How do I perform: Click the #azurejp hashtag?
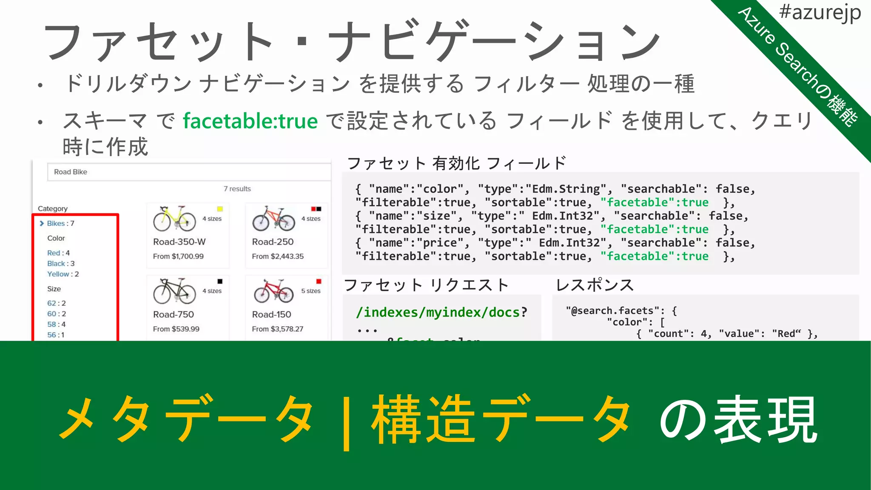coord(820,13)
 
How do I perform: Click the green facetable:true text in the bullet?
coord(250,121)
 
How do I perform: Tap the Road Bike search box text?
coord(71,172)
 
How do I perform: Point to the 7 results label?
coord(237,189)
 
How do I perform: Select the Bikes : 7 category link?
coord(60,223)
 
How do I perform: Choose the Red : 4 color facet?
coord(58,253)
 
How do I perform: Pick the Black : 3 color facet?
coord(61,263)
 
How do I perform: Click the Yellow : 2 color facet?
coord(63,274)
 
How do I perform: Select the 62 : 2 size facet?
coord(57,303)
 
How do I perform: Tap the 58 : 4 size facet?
coord(57,324)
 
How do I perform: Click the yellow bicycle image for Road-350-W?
coord(174,219)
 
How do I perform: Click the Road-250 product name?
coord(273,242)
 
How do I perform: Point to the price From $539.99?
coord(176,329)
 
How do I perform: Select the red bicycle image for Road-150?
coord(273,291)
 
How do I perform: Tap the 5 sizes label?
coord(310,291)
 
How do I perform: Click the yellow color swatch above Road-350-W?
coord(220,209)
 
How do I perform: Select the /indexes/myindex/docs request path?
coord(438,313)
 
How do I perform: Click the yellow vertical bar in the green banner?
coord(346,422)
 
